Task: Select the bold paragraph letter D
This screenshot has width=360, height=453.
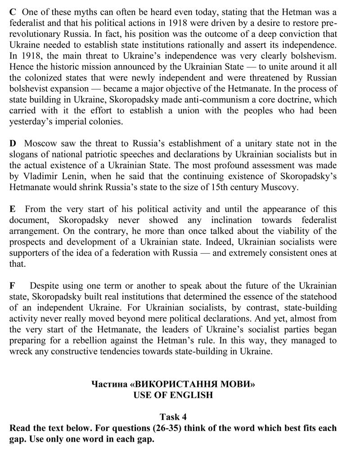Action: tap(13, 144)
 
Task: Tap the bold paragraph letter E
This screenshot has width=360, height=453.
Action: tap(13, 209)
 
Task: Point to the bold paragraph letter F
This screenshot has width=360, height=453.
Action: tap(12, 286)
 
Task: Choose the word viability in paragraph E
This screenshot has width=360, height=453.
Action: tap(290, 231)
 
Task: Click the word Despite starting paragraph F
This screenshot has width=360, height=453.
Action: tap(44, 286)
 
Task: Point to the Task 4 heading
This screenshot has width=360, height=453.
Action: tap(173, 417)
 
